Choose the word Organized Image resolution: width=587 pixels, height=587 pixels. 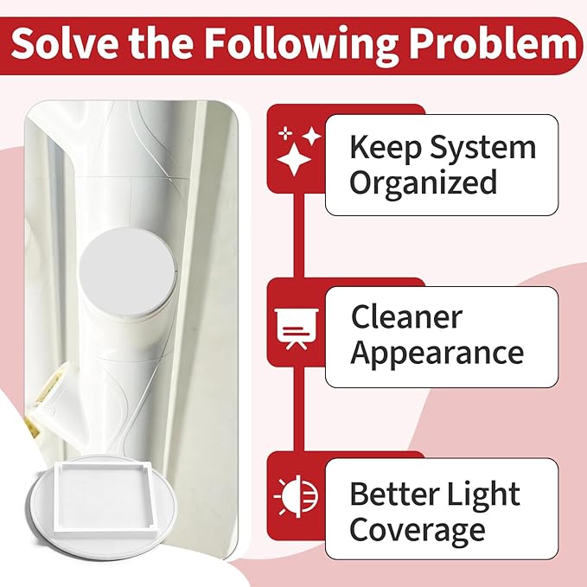click(x=424, y=182)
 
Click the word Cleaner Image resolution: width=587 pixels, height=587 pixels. click(x=407, y=316)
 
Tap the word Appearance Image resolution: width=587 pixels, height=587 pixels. click(x=437, y=354)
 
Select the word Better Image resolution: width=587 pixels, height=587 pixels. click(x=394, y=494)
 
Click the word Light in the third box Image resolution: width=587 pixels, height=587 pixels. click(x=483, y=494)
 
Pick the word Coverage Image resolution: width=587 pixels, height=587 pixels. click(x=418, y=530)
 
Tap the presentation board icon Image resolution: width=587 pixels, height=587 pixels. click(x=297, y=329)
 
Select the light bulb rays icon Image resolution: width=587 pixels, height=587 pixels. click(x=296, y=496)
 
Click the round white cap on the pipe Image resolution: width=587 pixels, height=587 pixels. click(x=126, y=271)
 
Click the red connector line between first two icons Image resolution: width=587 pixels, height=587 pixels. click(x=298, y=235)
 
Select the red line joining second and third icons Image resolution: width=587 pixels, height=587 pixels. click(x=298, y=409)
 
